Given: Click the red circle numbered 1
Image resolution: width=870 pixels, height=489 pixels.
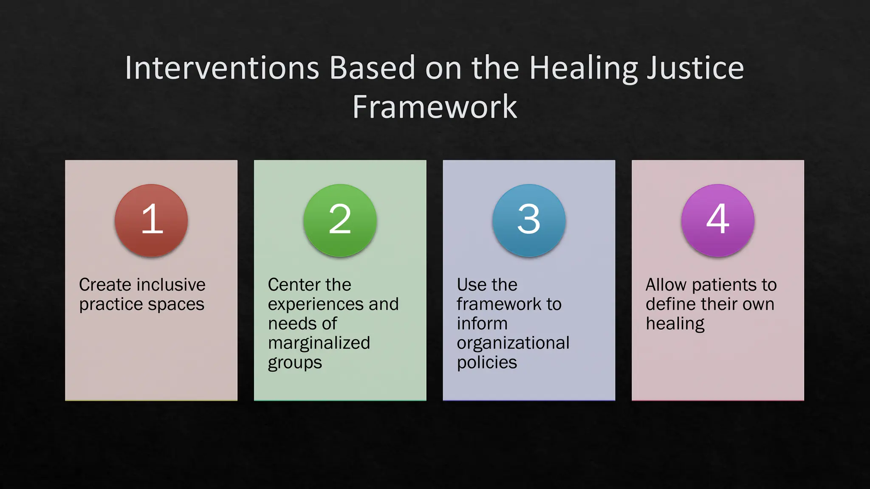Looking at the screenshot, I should pos(151,220).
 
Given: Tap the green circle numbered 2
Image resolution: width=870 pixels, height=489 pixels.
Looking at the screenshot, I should pos(340,220).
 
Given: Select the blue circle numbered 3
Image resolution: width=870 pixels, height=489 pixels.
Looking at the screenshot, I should pos(529,220).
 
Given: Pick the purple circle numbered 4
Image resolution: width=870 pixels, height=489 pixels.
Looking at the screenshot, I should pos(717,220).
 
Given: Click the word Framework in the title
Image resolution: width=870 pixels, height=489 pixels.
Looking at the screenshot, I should pos(435,107).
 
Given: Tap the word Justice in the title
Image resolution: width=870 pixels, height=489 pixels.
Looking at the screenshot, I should pos(695,68).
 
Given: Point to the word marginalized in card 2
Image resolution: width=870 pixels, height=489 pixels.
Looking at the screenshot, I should pos(319,343).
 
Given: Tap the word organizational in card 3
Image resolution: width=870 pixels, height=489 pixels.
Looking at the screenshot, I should pos(513,343).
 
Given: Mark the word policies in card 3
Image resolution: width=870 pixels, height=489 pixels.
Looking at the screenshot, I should pos(487,363).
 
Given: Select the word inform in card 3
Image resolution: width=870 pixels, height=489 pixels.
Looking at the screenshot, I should pos(482,323).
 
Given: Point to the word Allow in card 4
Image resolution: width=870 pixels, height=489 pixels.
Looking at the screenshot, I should pos(666,284).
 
